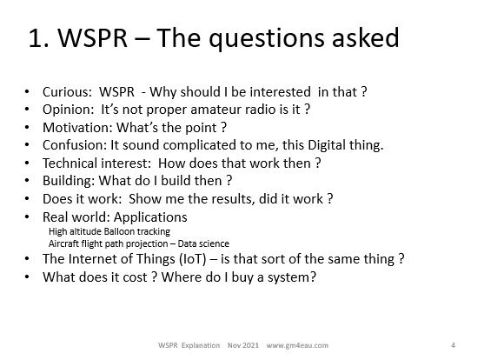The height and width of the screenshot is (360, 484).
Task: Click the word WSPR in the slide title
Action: pos(93,37)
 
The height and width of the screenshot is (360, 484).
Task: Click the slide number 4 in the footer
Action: pos(453,345)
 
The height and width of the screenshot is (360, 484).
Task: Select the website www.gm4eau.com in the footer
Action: pos(297,345)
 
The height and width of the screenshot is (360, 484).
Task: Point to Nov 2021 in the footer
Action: pos(243,345)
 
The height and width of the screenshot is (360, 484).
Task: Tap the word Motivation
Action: pos(76,128)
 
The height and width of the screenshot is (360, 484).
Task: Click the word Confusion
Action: pos(73,145)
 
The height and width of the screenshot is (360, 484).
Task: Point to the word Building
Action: pos(67,181)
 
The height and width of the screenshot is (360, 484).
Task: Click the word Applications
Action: pos(150,217)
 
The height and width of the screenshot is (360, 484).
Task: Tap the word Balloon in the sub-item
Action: pos(119,231)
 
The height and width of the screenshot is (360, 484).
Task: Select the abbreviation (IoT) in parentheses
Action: pos(193,259)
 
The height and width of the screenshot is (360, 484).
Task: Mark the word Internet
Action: pos(92,259)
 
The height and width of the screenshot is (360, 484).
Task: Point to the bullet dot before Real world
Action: pos(27,217)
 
